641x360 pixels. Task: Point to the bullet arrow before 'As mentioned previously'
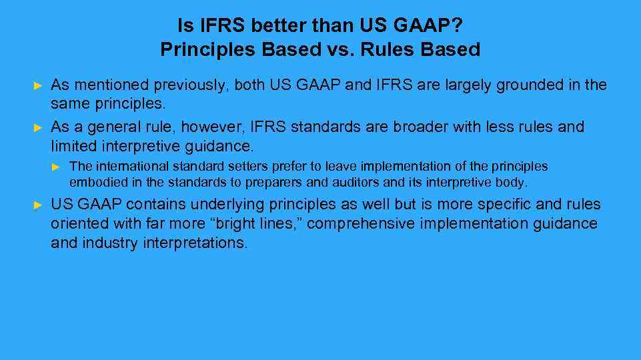[38, 86]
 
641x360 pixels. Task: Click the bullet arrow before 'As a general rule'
[38, 127]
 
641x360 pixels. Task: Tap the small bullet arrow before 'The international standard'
[57, 167]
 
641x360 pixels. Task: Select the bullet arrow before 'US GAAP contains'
[38, 205]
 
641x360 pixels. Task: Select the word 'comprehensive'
[361, 224]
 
